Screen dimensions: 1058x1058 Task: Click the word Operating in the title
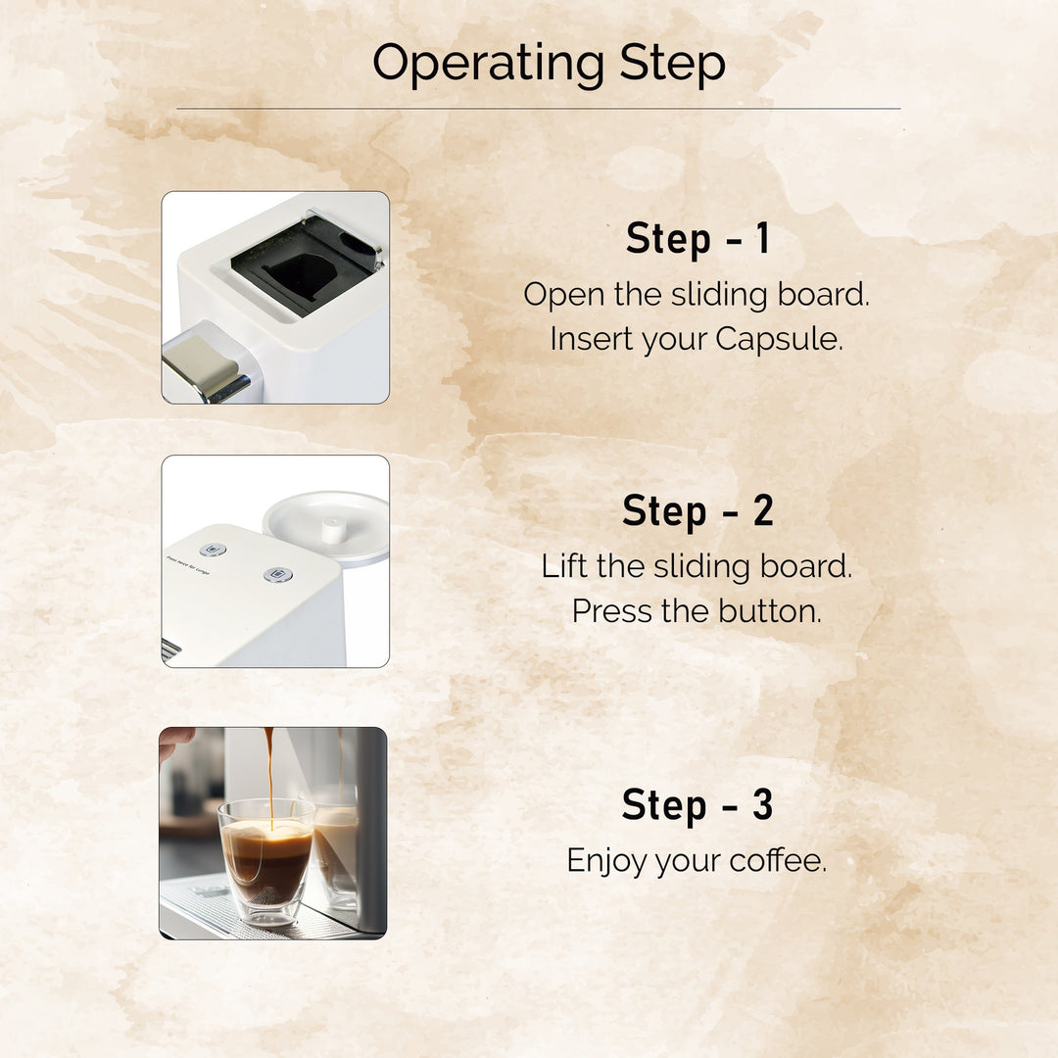(x=487, y=65)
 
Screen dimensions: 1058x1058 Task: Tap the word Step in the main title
(x=672, y=65)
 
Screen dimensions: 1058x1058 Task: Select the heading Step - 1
(x=697, y=240)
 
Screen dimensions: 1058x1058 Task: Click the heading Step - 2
(x=697, y=511)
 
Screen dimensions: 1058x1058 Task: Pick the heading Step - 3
(x=697, y=805)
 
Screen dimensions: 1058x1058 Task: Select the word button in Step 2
(x=769, y=611)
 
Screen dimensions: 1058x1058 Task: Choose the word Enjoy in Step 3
(x=606, y=862)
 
